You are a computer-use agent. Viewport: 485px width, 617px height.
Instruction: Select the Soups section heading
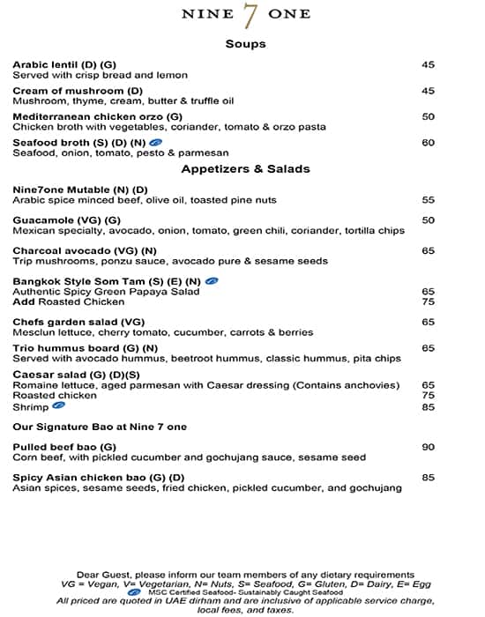coord(245,43)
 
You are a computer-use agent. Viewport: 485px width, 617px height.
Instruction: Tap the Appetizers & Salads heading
coord(245,168)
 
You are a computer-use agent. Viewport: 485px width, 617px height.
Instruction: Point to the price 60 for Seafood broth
coord(428,142)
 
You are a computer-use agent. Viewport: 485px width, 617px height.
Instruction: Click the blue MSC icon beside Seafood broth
coord(155,142)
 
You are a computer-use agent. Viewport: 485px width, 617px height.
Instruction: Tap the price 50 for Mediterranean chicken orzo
coord(428,116)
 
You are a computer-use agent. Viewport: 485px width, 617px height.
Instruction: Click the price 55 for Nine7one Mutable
coord(428,200)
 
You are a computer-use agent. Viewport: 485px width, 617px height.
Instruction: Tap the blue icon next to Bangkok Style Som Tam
coord(212,280)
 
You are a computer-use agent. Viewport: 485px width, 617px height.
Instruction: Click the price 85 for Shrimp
coord(428,406)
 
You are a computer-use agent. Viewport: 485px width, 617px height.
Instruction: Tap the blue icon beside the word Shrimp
coord(58,406)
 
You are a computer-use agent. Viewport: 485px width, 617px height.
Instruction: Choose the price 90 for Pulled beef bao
coord(428,447)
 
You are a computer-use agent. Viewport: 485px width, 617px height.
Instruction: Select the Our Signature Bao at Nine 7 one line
coord(100,427)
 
